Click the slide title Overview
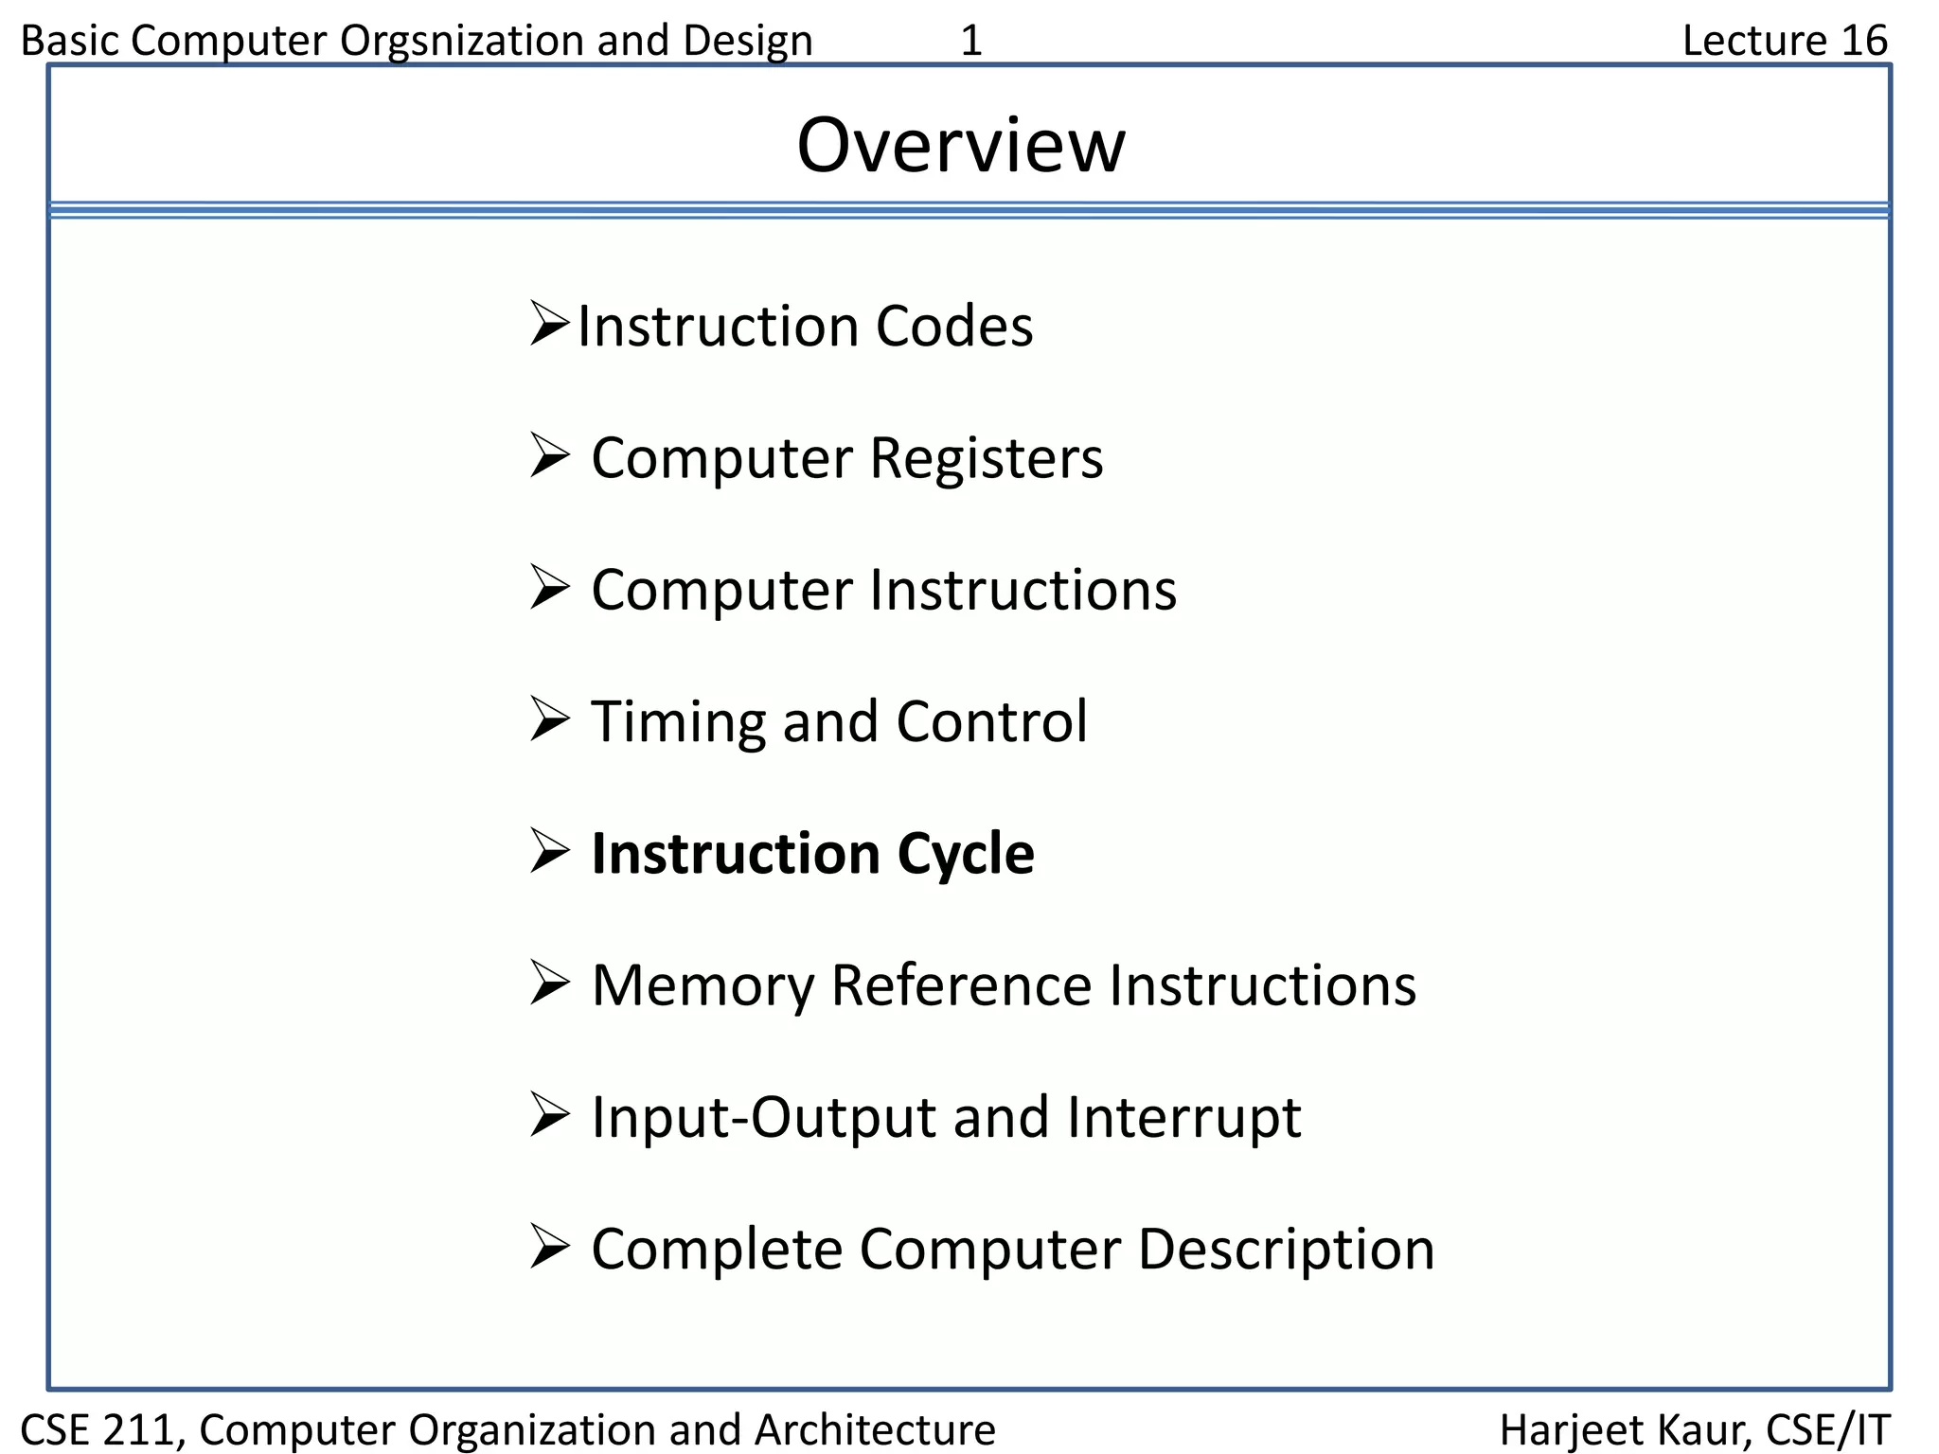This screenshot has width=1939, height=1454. coord(961,146)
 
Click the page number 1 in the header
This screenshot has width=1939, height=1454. coord(971,41)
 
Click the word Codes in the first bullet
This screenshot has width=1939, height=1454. coord(953,327)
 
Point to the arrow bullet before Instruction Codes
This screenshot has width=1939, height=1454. coord(549,324)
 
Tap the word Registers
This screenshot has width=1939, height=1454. coord(986,458)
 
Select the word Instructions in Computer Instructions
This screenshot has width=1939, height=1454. coord(1023,590)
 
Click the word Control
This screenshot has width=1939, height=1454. coord(991,721)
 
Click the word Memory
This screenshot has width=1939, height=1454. coord(702,986)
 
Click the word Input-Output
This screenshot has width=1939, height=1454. coord(763,1118)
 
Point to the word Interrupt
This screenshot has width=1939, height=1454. coord(1183,1118)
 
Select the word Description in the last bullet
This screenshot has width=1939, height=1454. coord(1286,1250)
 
